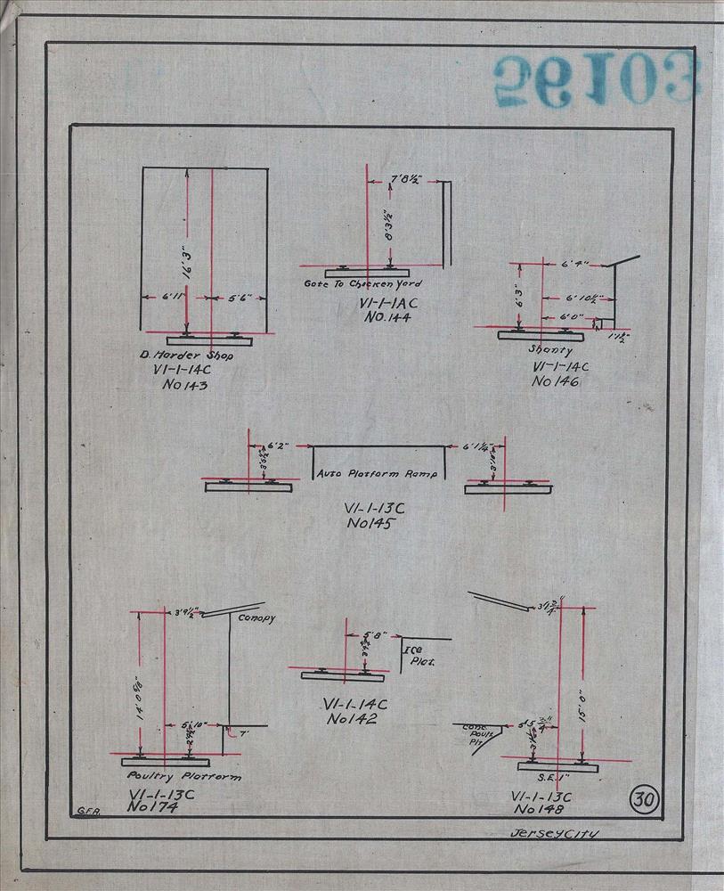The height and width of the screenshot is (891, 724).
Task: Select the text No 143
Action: [183, 386]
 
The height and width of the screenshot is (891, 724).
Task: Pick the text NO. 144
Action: [380, 316]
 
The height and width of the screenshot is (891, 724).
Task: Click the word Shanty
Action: [550, 350]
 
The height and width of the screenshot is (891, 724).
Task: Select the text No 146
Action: [555, 381]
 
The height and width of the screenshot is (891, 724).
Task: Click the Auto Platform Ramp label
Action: [378, 474]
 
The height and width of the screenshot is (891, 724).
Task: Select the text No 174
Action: [154, 806]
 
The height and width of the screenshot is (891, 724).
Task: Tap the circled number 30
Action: [643, 798]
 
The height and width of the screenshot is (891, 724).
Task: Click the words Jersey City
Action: [552, 835]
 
